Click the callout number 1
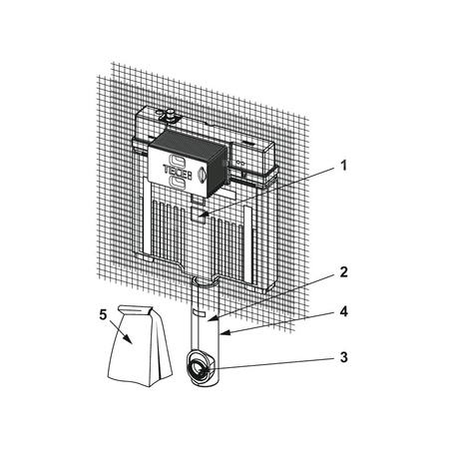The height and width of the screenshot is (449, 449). pos(344,165)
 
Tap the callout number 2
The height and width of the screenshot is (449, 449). pos(343,271)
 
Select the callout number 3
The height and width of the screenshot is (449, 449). pos(343,357)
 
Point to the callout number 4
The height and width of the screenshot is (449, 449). pos(343,311)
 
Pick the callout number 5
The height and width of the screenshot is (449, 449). pos(103,314)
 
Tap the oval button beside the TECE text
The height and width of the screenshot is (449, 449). pos(203,174)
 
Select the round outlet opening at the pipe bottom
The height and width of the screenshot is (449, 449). pos(199,368)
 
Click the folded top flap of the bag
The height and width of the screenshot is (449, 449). pos(136,309)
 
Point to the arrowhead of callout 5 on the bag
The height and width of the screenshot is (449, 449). pos(128,339)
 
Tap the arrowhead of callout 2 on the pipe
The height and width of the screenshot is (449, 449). pos(212,319)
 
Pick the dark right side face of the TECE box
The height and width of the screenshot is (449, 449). pos(218,173)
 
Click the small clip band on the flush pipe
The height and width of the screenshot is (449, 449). pos(200,313)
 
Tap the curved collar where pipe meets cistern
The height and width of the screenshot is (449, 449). pos(205,282)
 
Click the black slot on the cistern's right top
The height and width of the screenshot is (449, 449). pos(248,143)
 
